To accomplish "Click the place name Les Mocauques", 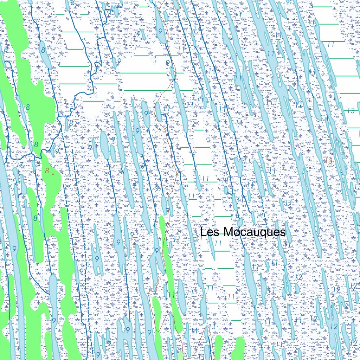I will click(243, 232).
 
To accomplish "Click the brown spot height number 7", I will click(59, 39).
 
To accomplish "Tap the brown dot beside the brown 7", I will click(52, 42).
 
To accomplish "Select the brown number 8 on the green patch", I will click(47, 171).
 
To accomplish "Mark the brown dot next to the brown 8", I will click(53, 174).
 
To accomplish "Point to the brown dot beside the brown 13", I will click(334, 165).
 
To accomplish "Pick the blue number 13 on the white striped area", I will click(351, 110).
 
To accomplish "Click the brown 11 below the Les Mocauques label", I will click(231, 297).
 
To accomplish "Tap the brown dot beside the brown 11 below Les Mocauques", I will click(238, 301).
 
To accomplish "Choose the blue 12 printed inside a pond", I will click(334, 327).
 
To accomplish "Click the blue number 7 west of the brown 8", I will click(21, 165).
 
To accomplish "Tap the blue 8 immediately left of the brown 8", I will click(38, 164).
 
